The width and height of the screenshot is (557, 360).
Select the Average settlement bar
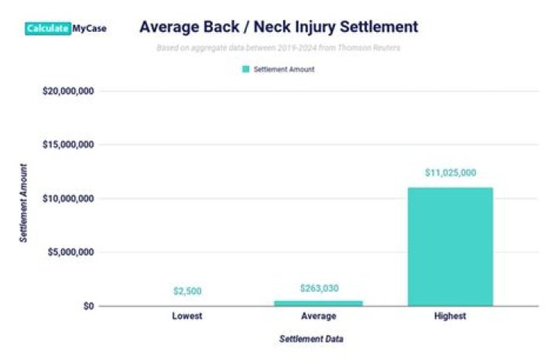[x=318, y=303]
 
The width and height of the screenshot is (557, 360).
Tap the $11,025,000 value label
[x=450, y=173]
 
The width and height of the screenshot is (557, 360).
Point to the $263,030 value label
[x=318, y=288]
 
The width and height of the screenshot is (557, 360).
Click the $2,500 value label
[x=187, y=292]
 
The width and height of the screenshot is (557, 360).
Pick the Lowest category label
[x=187, y=317]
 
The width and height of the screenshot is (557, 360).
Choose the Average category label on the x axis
[x=318, y=317]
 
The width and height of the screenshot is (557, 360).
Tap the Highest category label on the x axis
[x=449, y=317]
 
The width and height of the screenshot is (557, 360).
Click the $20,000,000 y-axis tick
[x=68, y=91]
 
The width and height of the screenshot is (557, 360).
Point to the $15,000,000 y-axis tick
[x=68, y=145]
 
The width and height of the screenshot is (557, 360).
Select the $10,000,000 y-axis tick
[x=68, y=198]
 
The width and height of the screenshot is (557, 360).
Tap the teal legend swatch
[x=246, y=69]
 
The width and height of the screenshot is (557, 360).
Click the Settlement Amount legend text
[x=284, y=69]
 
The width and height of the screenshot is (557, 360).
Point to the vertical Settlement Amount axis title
[x=24, y=203]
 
